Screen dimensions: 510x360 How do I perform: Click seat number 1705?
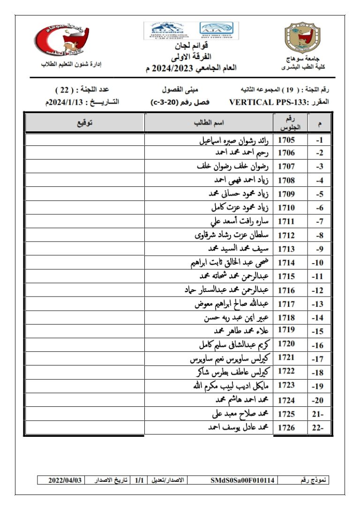click(x=286, y=140)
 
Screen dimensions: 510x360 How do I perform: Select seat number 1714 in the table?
click(x=286, y=263)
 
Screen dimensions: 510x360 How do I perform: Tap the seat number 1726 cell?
click(x=286, y=427)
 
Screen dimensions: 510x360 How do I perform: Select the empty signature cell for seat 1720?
click(x=84, y=345)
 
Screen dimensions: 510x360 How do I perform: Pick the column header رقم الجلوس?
click(x=292, y=122)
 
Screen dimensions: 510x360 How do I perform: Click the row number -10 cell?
click(x=319, y=263)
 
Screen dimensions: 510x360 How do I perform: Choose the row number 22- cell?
click(x=319, y=427)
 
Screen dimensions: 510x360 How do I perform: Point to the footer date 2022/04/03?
click(x=65, y=480)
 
